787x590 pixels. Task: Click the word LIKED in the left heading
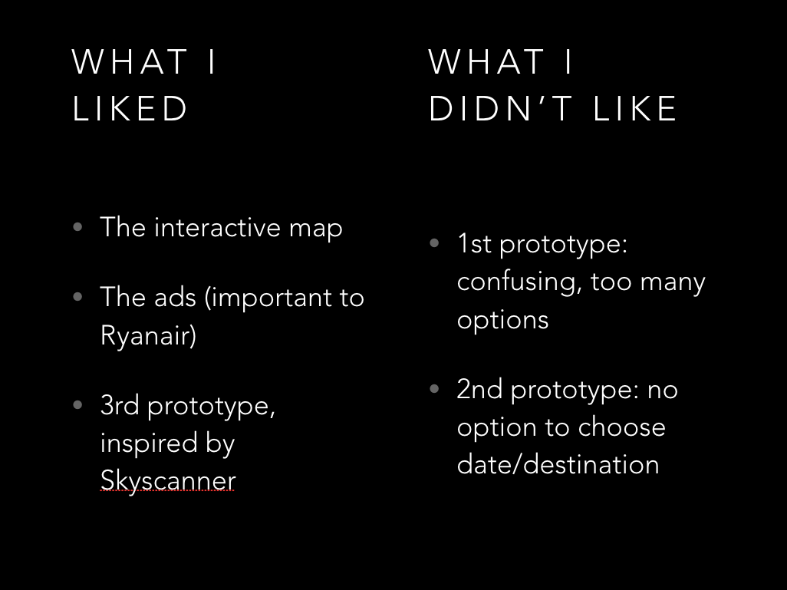pos(130,108)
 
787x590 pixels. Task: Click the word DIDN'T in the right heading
pos(500,108)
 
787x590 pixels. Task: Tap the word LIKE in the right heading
pos(635,108)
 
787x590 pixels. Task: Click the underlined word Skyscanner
pos(168,480)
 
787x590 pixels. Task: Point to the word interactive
pos(217,227)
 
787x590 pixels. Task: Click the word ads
pos(175,297)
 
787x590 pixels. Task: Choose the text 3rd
pos(120,405)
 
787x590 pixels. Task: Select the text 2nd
pos(479,390)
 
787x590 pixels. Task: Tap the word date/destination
pos(558,464)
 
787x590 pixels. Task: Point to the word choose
pos(621,427)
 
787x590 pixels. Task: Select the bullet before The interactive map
pos(77,227)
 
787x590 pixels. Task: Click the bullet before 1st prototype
pos(435,243)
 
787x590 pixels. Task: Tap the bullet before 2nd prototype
pos(435,389)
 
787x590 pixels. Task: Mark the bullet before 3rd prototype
pos(77,405)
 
